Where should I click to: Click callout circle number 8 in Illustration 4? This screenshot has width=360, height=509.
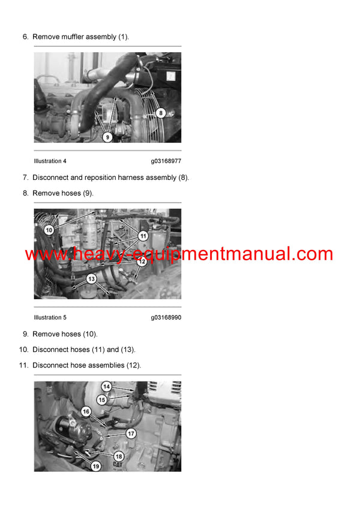pyautogui.click(x=161, y=113)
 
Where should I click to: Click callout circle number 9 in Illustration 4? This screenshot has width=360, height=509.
pyautogui.click(x=107, y=137)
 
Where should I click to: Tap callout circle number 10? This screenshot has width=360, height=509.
pyautogui.click(x=49, y=229)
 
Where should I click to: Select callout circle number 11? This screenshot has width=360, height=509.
pyautogui.click(x=143, y=236)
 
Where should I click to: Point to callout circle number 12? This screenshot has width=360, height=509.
pyautogui.click(x=142, y=261)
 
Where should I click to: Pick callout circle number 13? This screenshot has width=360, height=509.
pyautogui.click(x=91, y=278)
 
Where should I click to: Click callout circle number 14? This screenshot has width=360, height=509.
pyautogui.click(x=106, y=387)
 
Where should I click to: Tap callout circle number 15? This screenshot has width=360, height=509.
pyautogui.click(x=102, y=399)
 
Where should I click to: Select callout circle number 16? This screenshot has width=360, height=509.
pyautogui.click(x=86, y=411)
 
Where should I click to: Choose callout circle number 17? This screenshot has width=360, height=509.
pyautogui.click(x=131, y=433)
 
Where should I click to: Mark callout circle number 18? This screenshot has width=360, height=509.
pyautogui.click(x=119, y=456)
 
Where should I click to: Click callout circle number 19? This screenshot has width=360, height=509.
pyautogui.click(x=95, y=466)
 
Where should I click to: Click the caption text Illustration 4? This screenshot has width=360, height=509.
pyautogui.click(x=50, y=161)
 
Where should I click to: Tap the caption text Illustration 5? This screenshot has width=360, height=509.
pyautogui.click(x=50, y=318)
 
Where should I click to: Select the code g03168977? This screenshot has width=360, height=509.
pyautogui.click(x=166, y=161)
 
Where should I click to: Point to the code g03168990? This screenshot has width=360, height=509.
pyautogui.click(x=166, y=318)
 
